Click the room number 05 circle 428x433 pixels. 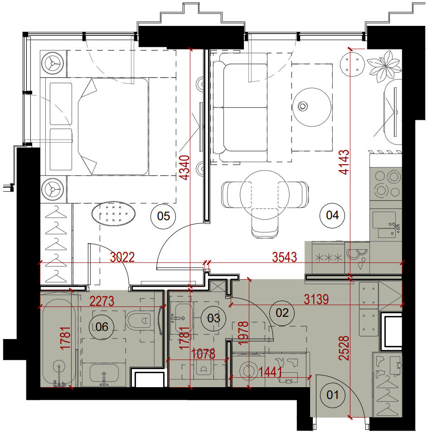[x=163, y=216]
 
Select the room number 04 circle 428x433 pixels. [x=332, y=215]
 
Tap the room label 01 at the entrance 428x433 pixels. [x=332, y=395]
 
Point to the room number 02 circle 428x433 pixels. [x=282, y=313]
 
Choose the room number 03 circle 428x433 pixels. [x=214, y=318]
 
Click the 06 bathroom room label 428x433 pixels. [x=102, y=327]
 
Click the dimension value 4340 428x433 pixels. [x=184, y=167]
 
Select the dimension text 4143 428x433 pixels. [x=344, y=162]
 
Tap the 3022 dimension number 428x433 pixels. [x=122, y=257]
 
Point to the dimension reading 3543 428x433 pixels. [x=284, y=257]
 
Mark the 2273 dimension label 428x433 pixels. [x=102, y=301]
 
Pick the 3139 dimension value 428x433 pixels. [x=316, y=300]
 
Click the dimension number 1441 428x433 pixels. [x=270, y=372]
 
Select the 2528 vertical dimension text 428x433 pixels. [x=344, y=348]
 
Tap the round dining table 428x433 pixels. [x=264, y=195]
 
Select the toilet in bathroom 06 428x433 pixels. [x=140, y=320]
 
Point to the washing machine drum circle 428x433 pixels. [x=249, y=370]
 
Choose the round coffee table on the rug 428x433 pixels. [x=311, y=107]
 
